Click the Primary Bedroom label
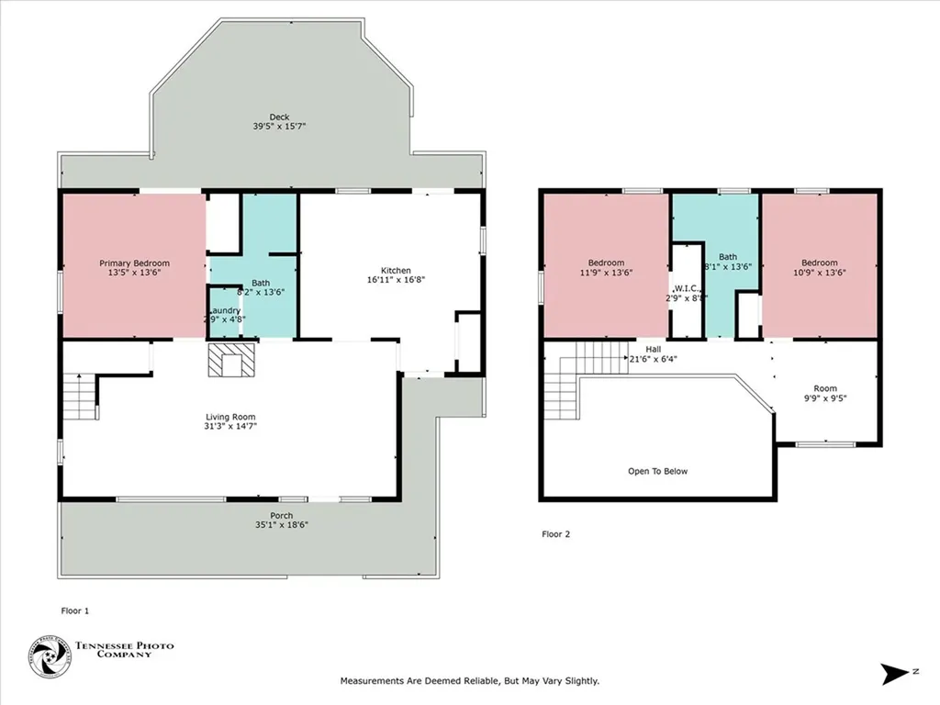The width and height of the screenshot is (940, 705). click(134, 263)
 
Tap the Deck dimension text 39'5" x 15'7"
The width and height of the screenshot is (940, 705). click(279, 127)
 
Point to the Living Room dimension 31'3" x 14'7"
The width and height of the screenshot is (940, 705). click(230, 426)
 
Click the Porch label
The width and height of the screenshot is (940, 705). click(282, 515)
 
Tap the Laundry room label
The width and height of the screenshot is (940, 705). click(225, 310)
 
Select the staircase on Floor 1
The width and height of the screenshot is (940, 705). click(81, 397)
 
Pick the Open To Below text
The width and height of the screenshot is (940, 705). click(657, 472)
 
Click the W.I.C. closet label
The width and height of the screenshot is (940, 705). click(687, 288)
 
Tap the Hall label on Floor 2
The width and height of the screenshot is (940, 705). click(653, 349)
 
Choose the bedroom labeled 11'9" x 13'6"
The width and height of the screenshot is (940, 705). click(606, 267)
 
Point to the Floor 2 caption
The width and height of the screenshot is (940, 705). click(555, 534)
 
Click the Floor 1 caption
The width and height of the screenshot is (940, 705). click(75, 610)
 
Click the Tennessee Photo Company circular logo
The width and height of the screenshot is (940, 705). click(49, 657)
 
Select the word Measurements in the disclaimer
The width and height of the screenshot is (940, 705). click(372, 681)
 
